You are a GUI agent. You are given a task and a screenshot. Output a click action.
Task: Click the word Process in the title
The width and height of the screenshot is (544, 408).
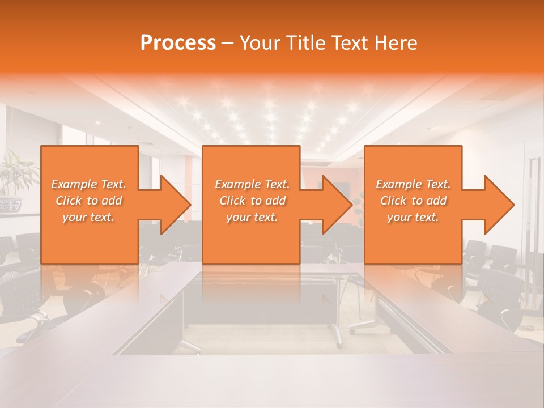pos(178,43)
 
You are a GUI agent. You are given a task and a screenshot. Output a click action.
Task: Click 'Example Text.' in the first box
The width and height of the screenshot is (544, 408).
pos(89,184)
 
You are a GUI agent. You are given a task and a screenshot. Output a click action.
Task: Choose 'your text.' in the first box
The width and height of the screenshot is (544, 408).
pos(89,217)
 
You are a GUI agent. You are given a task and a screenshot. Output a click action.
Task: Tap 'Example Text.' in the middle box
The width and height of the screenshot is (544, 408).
pos(252,184)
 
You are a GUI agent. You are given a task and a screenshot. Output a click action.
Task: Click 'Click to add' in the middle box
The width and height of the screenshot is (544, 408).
pos(252,201)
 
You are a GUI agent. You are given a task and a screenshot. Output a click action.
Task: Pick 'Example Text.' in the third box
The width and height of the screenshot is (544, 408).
pos(413,184)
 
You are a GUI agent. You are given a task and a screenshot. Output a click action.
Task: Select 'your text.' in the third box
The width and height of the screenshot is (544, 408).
pos(413,217)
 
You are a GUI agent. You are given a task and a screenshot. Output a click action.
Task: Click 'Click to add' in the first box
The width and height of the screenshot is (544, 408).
pos(89,201)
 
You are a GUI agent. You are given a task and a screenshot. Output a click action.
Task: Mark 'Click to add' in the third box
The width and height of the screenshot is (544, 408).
pos(413,201)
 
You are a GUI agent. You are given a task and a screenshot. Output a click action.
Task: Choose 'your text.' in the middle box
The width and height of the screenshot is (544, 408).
pos(252,217)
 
